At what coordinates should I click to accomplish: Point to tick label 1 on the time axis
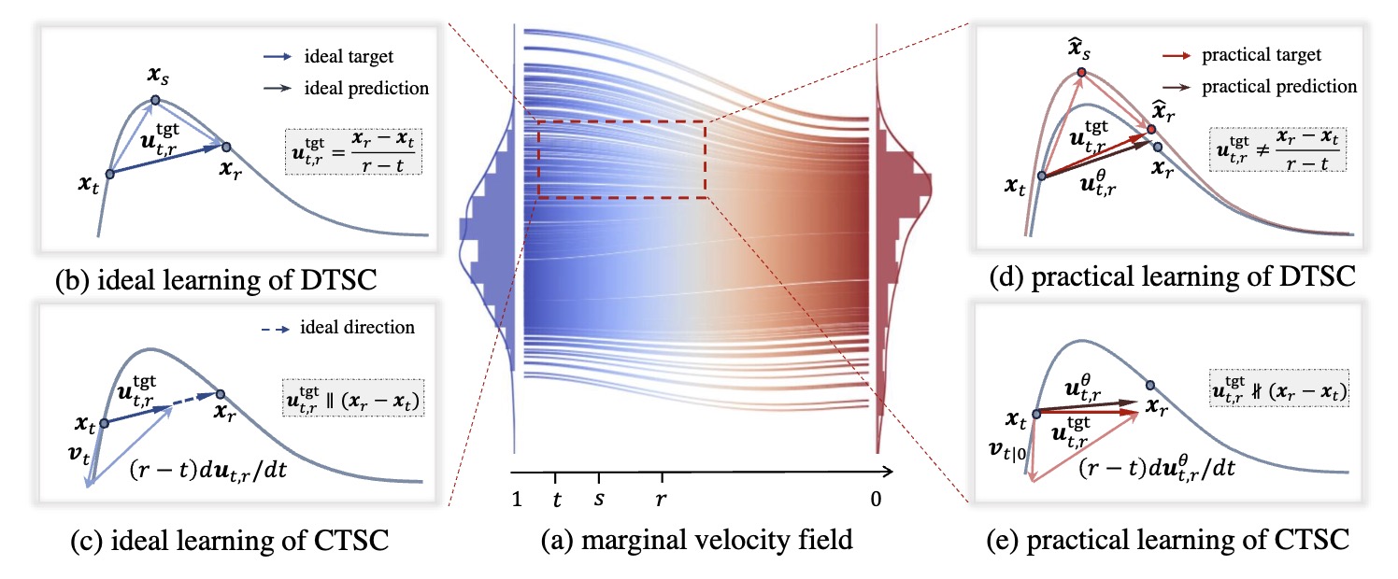pos(517,500)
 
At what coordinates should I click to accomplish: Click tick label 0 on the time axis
pos(876,500)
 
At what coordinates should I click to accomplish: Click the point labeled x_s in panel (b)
pos(156,100)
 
